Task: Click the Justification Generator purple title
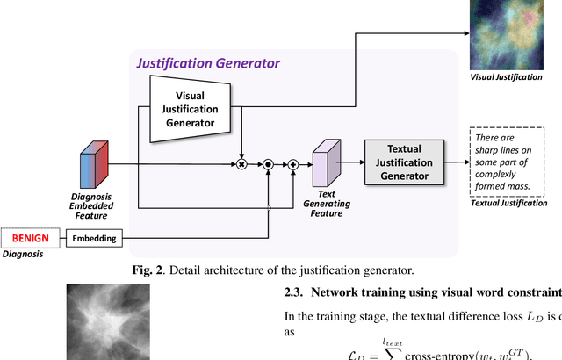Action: [x=208, y=63]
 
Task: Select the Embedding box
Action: [x=92, y=237]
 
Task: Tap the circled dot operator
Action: [x=268, y=163]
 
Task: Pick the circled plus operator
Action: [x=293, y=163]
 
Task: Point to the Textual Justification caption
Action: [x=509, y=203]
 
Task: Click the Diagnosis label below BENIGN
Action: [x=24, y=255]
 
